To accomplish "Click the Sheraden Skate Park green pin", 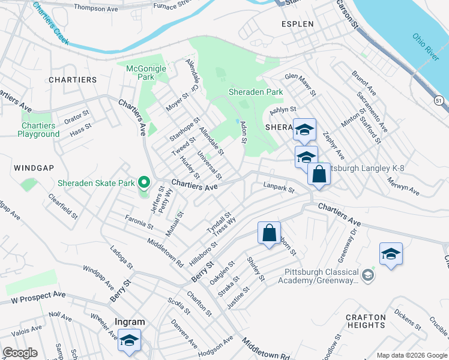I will tap(143, 182).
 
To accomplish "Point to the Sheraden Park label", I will tap(255, 92).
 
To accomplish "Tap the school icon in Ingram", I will tap(129, 340).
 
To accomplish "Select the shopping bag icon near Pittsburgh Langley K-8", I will tap(319, 174).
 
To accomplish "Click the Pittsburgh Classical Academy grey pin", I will tap(367, 276).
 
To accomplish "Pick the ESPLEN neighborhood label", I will tap(297, 25).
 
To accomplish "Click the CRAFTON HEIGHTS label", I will tap(366, 321).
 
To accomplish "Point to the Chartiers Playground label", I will tap(38, 130).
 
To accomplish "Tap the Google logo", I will tap(20, 353).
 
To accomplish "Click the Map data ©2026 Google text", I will tap(412, 355).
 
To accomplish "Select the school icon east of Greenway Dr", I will tap(391, 254).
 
